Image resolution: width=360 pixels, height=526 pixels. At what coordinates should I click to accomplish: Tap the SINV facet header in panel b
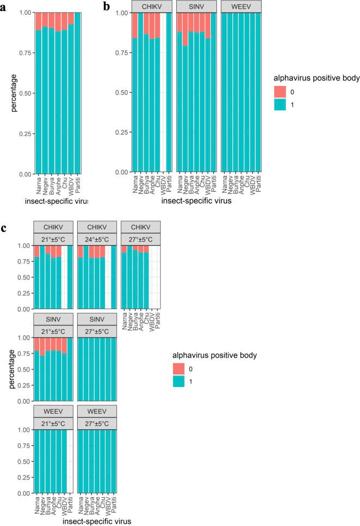[196, 7]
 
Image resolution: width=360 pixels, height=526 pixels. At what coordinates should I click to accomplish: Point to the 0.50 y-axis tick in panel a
[24, 93]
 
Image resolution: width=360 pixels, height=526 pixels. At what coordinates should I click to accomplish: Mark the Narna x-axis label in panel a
[39, 186]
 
